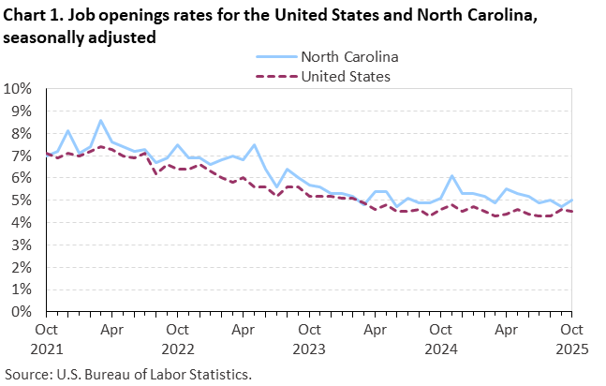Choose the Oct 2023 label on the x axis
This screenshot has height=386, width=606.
[x=310, y=338]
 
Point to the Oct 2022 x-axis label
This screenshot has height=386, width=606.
[x=178, y=338]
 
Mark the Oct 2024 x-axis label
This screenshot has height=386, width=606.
[x=442, y=338]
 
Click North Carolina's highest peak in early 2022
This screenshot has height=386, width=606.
[x=101, y=121]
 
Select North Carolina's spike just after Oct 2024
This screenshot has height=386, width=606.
[x=453, y=176]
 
